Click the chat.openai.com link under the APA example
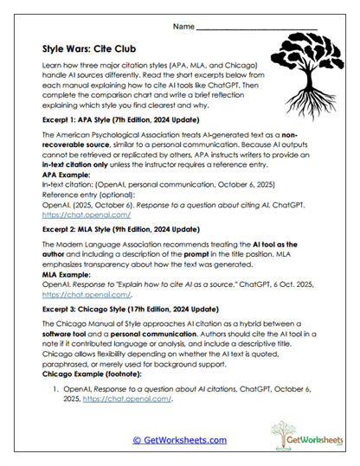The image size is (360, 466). (74, 214)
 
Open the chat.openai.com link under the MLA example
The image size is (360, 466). (75, 296)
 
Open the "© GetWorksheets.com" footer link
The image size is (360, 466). (179, 440)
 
